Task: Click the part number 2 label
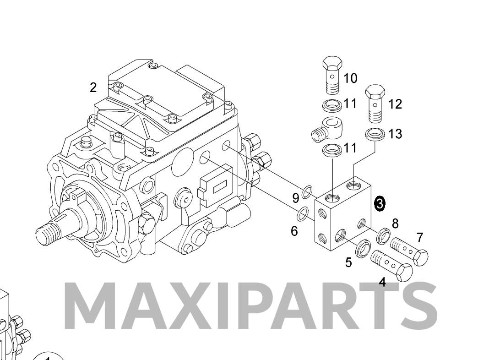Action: (x=93, y=87)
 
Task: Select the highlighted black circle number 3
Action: (x=380, y=203)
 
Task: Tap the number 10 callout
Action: (x=350, y=78)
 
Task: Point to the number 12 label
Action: (x=395, y=104)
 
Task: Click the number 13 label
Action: (x=395, y=134)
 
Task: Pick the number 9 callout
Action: (x=296, y=198)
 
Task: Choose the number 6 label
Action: (x=294, y=231)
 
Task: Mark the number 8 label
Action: (x=395, y=224)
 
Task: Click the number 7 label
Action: (x=419, y=238)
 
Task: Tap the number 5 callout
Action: (x=348, y=262)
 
